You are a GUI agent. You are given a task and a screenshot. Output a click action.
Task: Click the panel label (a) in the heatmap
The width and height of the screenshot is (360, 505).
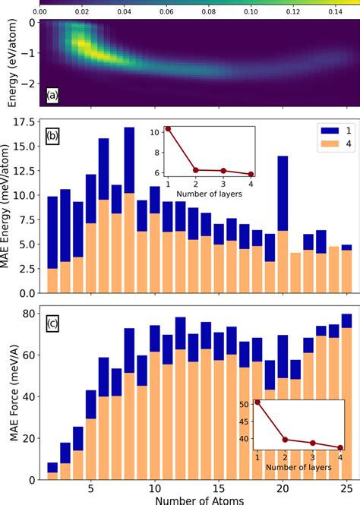point(52,95)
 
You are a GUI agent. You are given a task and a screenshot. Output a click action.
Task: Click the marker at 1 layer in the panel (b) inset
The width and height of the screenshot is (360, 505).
point(168,129)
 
